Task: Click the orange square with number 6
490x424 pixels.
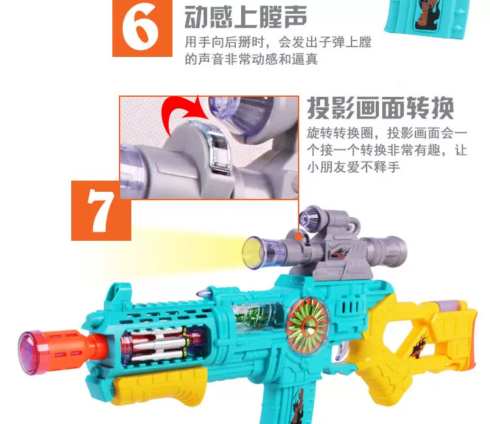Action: coord(142,28)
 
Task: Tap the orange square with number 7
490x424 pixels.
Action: coord(101,210)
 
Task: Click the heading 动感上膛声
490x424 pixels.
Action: coord(246,17)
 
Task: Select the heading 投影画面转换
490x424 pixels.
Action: coord(380,108)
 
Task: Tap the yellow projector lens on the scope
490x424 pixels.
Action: coord(253,252)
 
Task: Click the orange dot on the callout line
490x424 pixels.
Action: coord(299,236)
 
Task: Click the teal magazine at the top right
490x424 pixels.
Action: coord(427,18)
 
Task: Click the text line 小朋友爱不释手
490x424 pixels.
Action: coord(353,167)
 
